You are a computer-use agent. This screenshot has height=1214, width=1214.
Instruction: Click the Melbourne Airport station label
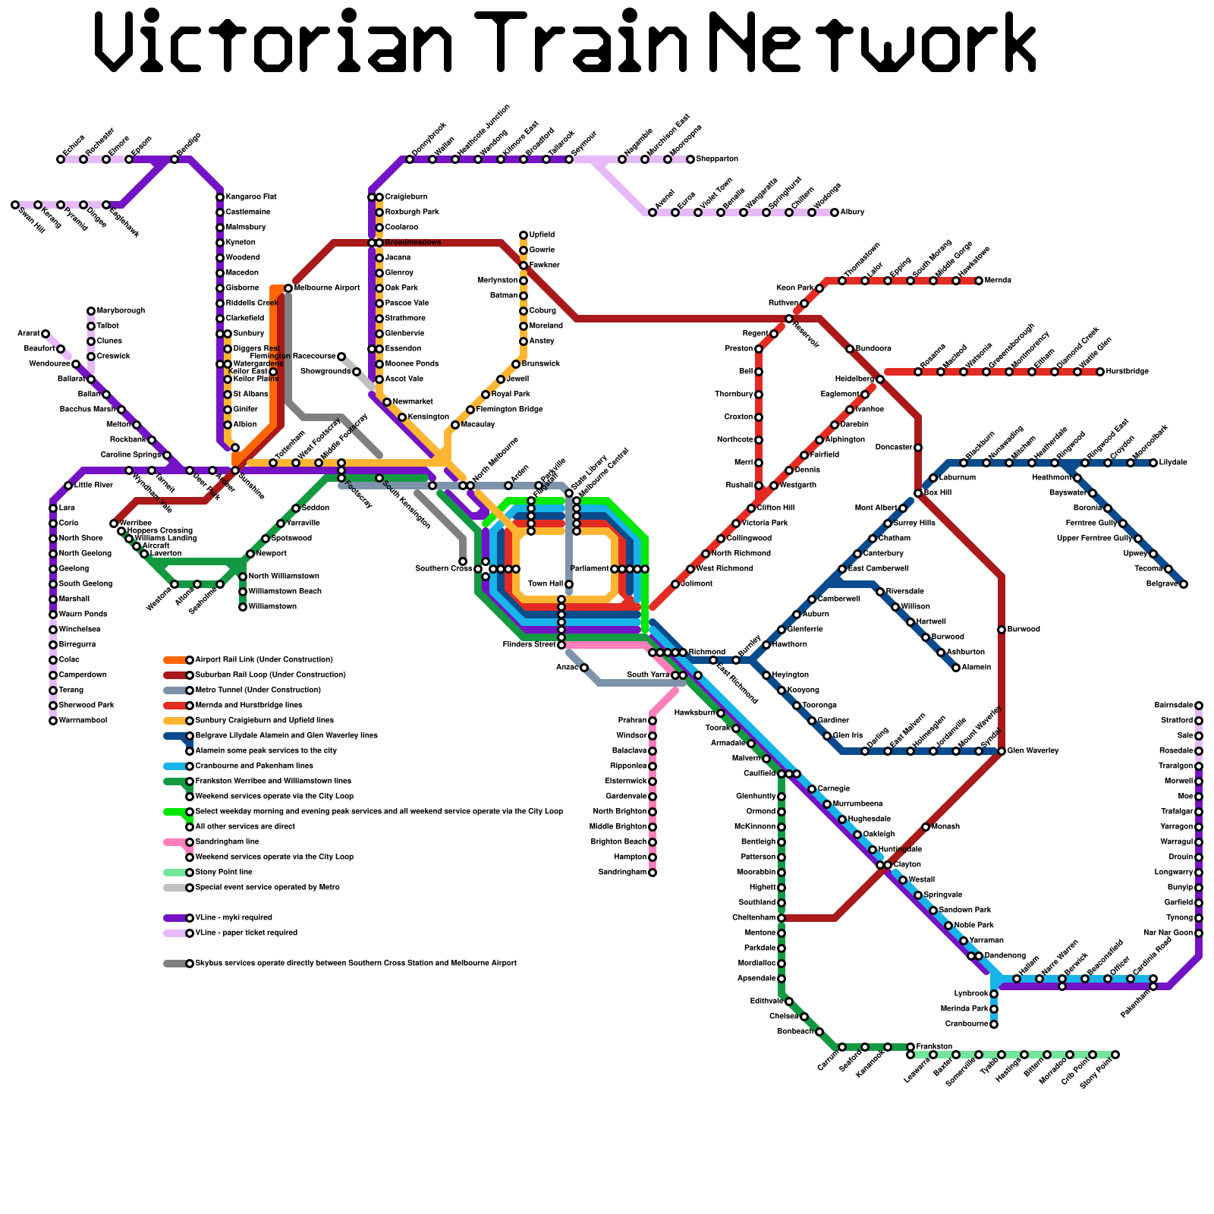pos(327,288)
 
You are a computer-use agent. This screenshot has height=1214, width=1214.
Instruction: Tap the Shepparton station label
pos(717,159)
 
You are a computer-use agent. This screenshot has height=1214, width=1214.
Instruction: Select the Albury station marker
pos(835,212)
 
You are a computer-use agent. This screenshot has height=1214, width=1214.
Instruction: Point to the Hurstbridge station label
pos(1128,372)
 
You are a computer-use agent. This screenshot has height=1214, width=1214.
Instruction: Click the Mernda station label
pos(998,281)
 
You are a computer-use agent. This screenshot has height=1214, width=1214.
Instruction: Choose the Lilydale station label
pos(1173,463)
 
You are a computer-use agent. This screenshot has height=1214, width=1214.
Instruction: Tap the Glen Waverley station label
pos(1033,751)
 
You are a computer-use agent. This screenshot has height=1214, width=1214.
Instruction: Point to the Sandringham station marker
pos(653,873)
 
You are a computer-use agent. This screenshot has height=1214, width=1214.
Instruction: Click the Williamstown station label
pos(272,607)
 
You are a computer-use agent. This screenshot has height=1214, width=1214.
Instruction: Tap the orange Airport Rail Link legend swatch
pos(175,660)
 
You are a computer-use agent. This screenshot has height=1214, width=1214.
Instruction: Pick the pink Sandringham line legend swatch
pos(175,842)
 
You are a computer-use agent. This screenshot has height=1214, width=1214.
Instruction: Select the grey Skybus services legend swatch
pos(175,964)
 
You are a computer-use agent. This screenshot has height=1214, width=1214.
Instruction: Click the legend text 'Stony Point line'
pos(224,873)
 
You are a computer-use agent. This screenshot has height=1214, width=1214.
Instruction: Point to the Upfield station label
pos(542,235)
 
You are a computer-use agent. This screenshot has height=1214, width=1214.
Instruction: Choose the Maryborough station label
pos(121,311)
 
